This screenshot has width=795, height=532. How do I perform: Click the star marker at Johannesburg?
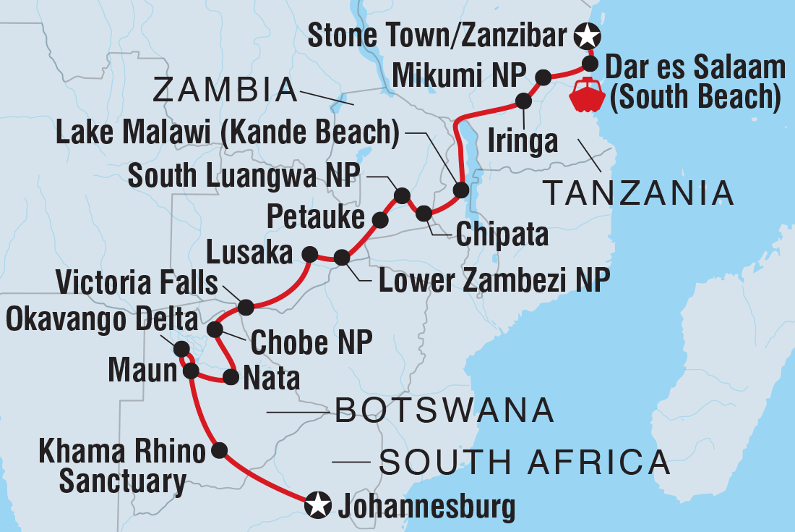pyautogui.click(x=318, y=504)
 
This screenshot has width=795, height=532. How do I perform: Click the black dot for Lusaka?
pyautogui.click(x=309, y=254)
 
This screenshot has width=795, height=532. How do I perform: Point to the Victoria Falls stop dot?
pyautogui.click(x=246, y=307)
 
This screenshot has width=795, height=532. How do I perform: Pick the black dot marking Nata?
pyautogui.click(x=231, y=377)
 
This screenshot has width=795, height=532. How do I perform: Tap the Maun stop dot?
pyautogui.click(x=191, y=371)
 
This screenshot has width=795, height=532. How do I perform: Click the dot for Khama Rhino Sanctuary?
pyautogui.click(x=220, y=450)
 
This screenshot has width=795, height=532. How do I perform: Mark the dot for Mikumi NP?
pyautogui.click(x=544, y=76)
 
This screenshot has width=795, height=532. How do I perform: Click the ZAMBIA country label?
pyautogui.click(x=225, y=91)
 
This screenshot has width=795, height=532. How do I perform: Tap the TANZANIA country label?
pyautogui.click(x=638, y=193)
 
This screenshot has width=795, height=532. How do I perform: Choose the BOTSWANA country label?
pyautogui.click(x=444, y=413)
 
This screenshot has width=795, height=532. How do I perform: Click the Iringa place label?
pyautogui.click(x=523, y=141)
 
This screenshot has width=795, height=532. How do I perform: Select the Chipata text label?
pyautogui.click(x=501, y=235)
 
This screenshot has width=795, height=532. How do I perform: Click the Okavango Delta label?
pyautogui.click(x=101, y=318)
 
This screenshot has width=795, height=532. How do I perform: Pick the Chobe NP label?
pyautogui.click(x=311, y=344)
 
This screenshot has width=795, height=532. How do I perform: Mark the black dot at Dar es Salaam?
pyautogui.click(x=590, y=62)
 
